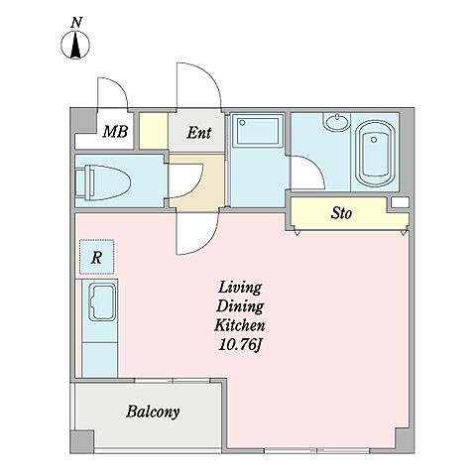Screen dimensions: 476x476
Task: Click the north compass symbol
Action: [x=75, y=45]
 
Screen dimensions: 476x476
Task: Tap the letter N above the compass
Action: [x=76, y=23]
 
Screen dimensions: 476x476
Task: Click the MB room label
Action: [x=115, y=132]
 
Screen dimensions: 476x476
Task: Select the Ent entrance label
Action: [x=199, y=133]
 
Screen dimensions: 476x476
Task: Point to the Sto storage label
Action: [x=341, y=213]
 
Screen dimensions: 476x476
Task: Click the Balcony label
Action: [x=153, y=412]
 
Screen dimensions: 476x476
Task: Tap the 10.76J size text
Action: [x=240, y=345]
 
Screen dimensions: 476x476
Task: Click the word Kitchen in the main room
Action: [x=240, y=325]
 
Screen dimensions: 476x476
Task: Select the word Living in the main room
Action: [x=240, y=288]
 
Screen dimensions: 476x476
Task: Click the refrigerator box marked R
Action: [x=97, y=257]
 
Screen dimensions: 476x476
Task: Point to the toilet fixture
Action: [x=103, y=182]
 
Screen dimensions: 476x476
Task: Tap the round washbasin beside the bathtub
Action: [x=337, y=122]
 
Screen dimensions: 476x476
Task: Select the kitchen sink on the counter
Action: [x=102, y=302]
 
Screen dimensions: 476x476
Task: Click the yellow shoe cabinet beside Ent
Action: [x=154, y=131]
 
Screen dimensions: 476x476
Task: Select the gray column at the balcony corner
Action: [x=82, y=441]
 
